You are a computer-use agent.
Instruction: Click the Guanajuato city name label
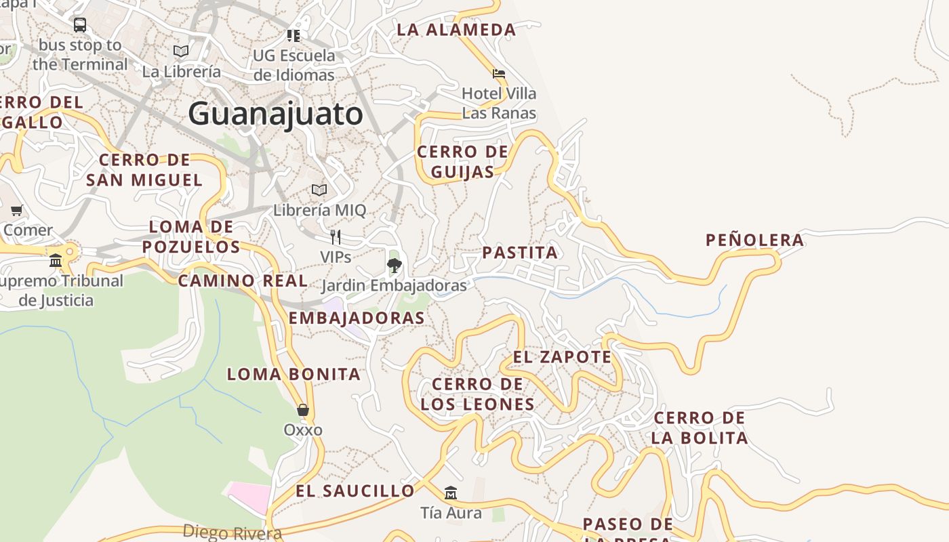click(275, 114)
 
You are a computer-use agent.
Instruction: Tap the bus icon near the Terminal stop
click(80, 25)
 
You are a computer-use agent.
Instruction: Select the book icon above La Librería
click(181, 51)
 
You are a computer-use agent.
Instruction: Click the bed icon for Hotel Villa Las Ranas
click(499, 73)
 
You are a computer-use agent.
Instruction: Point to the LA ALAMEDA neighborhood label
click(456, 30)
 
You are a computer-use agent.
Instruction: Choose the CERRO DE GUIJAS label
click(462, 161)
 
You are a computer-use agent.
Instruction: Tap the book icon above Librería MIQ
click(319, 190)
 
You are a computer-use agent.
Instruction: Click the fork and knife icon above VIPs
click(335, 237)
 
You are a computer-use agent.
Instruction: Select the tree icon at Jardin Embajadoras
click(394, 265)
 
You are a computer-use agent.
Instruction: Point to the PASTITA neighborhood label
click(520, 253)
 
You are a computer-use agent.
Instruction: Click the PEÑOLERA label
click(754, 240)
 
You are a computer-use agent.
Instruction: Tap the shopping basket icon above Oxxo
click(303, 410)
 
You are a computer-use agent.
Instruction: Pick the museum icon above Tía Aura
click(451, 493)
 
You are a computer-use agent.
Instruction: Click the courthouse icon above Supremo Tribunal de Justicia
click(56, 261)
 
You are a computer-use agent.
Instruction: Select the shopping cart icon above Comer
click(17, 210)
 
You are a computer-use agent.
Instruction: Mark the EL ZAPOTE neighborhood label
click(562, 357)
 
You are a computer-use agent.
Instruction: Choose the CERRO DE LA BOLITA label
click(700, 428)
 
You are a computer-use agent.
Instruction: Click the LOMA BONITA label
click(294, 374)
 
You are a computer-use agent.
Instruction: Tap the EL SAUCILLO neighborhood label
click(355, 491)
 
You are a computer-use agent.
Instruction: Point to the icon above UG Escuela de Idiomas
click(294, 35)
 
